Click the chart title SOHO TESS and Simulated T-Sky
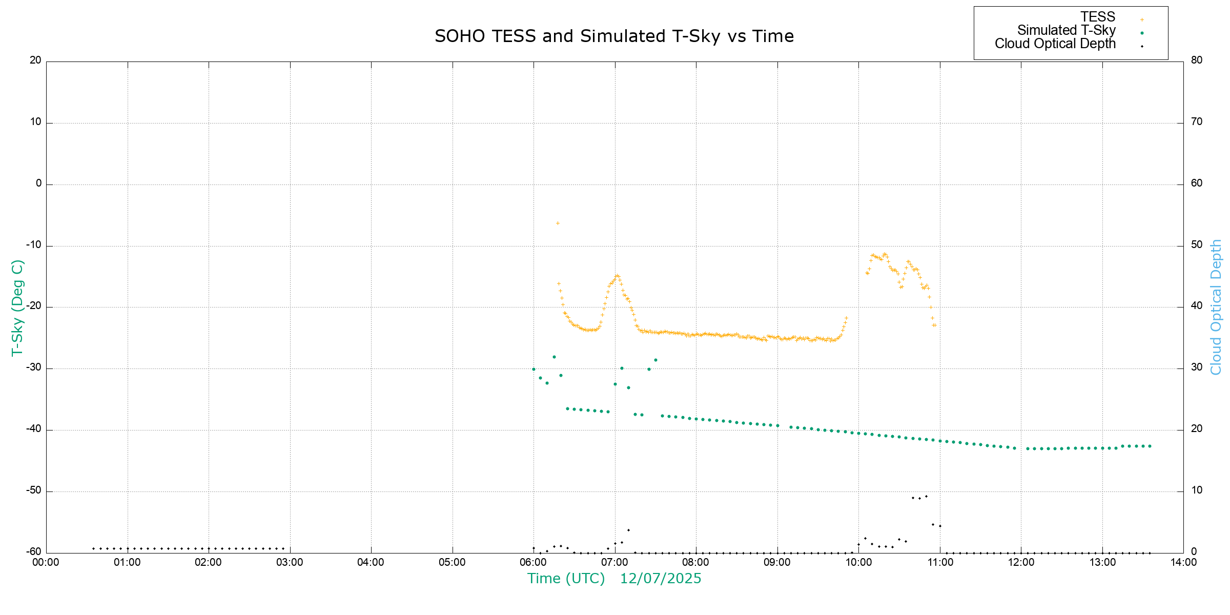[x=614, y=36]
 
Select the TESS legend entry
[x=1098, y=17]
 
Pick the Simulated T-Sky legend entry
[x=1066, y=31]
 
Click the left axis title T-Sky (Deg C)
[x=17, y=307]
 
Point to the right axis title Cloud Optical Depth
[x=1216, y=307]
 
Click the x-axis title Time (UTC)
[x=566, y=579]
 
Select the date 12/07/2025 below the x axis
[x=661, y=579]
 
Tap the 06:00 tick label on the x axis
[x=533, y=562]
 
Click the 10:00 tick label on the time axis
[x=858, y=562]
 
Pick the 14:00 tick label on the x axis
[x=1183, y=562]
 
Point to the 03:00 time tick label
[x=290, y=562]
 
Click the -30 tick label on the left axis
[x=34, y=368]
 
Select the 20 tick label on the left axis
[x=35, y=60]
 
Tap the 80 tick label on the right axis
[x=1196, y=60]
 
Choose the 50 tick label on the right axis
[x=1196, y=244]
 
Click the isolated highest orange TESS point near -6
[x=558, y=223]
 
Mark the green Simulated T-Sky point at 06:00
[x=534, y=369]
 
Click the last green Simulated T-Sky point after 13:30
[x=1150, y=446]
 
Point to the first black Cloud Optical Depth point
[x=93, y=548]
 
